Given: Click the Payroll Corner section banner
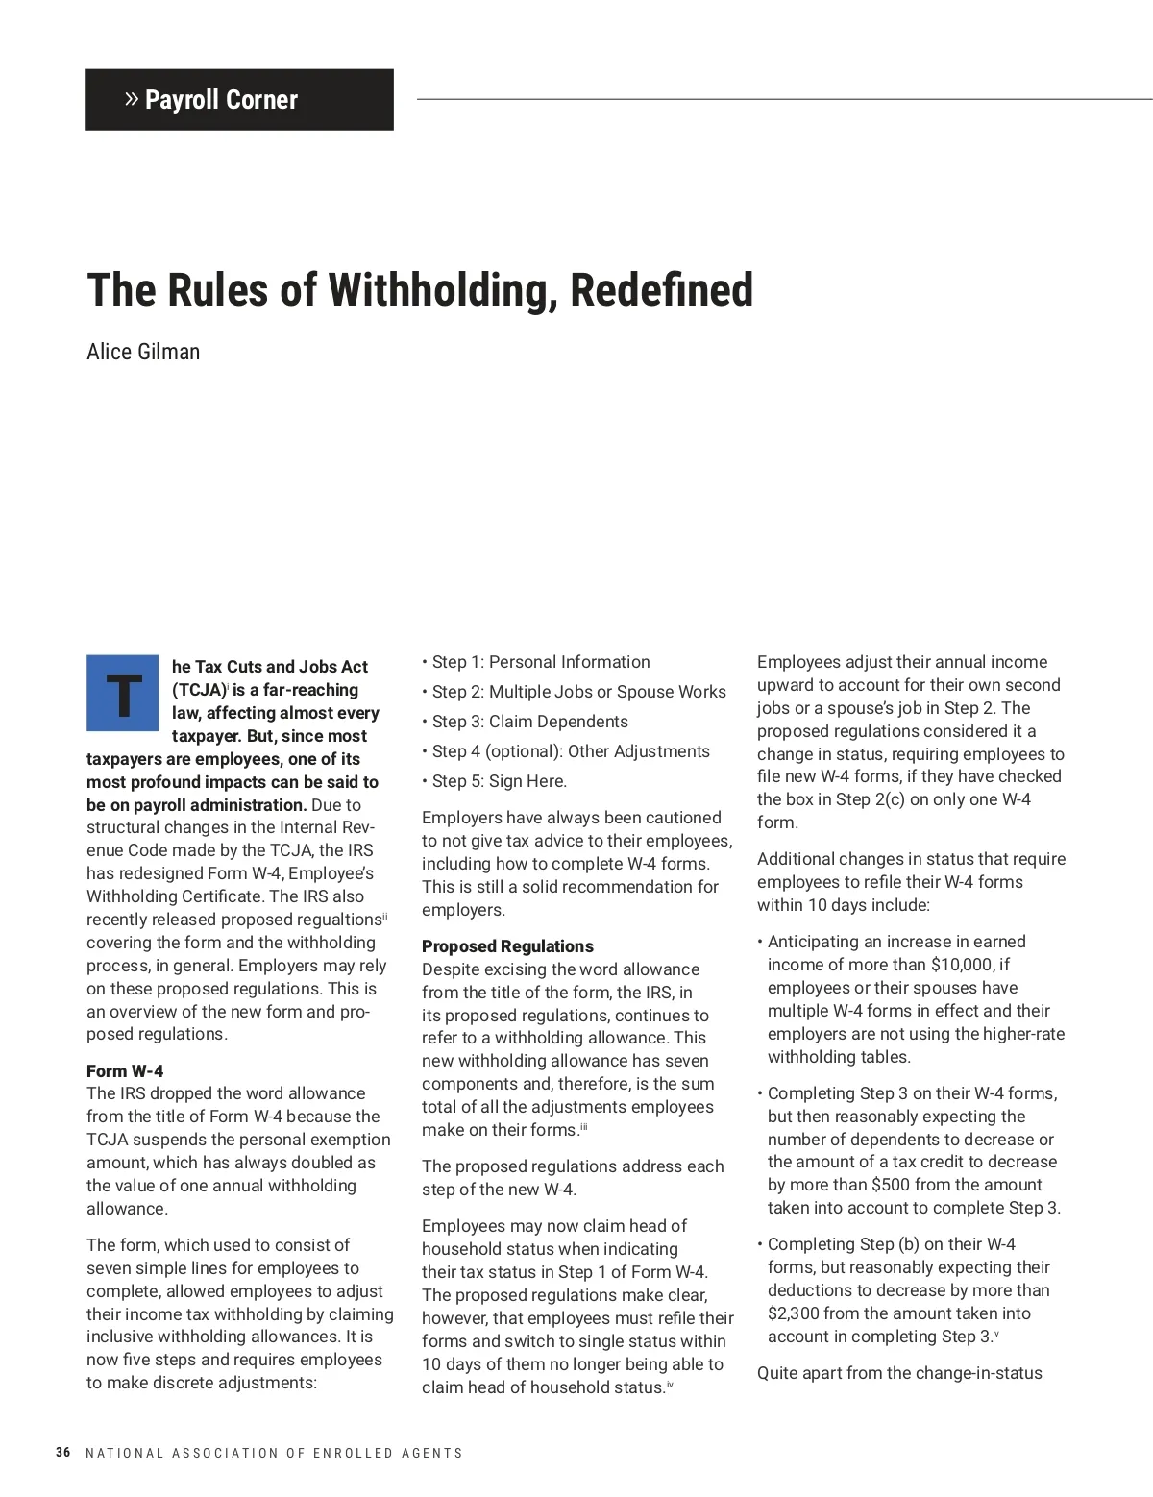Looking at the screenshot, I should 239,100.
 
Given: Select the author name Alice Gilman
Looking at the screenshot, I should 143,352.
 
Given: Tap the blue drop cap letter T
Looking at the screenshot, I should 123,694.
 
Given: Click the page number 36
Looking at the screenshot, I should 63,1453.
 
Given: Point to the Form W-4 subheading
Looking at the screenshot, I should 125,1070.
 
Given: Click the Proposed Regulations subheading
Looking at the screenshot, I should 507,946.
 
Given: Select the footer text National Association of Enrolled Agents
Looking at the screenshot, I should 274,1454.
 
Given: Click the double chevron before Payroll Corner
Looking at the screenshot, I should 132,99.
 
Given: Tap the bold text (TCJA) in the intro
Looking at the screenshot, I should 199,690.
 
